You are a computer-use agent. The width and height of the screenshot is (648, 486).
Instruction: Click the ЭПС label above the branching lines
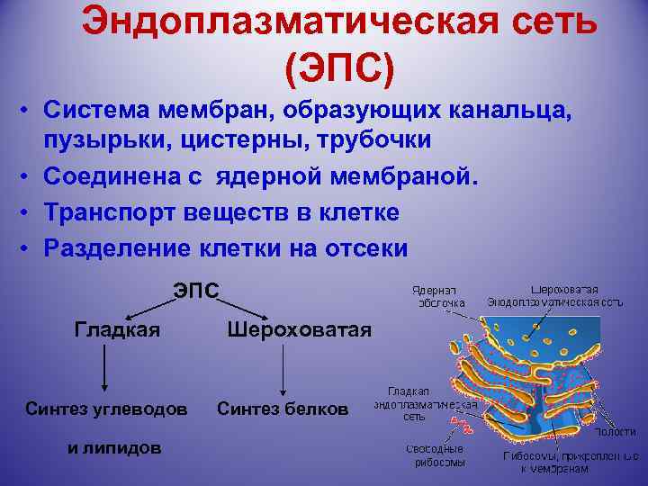pyautogui.click(x=195, y=290)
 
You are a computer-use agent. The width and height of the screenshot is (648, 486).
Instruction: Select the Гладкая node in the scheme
pyautogui.click(x=116, y=329)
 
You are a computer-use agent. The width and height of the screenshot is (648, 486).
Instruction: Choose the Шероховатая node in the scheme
pyautogui.click(x=299, y=329)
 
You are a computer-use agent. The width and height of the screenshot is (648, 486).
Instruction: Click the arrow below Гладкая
pyautogui.click(x=105, y=370)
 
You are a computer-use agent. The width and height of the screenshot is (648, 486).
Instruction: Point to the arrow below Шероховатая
pyautogui.click(x=283, y=370)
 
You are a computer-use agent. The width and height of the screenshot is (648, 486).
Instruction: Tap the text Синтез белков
pyautogui.click(x=283, y=409)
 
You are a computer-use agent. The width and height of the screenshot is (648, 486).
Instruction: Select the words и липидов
pyautogui.click(x=115, y=447)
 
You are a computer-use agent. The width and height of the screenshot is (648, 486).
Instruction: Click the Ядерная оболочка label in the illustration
pyautogui.click(x=438, y=297)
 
